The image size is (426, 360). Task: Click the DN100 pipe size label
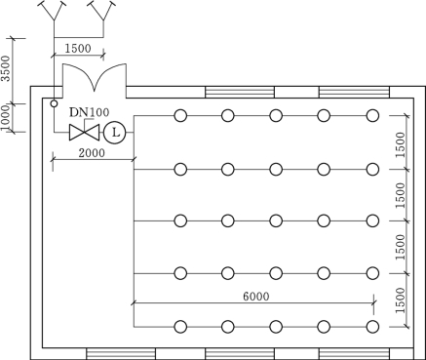[x=90, y=112]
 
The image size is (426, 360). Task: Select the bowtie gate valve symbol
[x=84, y=133]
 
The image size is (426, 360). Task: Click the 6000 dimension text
[x=256, y=297]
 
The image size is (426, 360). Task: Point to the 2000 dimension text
[x=92, y=153]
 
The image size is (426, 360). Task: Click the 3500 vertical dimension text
[x=6, y=68]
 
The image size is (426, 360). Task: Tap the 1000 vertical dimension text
[x=5, y=118]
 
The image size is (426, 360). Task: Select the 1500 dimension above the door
[x=78, y=49]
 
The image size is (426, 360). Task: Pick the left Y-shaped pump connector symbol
[x=54, y=13]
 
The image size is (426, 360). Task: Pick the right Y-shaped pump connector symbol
[x=103, y=13]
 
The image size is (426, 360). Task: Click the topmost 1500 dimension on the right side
[x=401, y=144]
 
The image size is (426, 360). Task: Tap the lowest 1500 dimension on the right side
[x=401, y=300]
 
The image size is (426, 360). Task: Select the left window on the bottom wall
[x=121, y=354]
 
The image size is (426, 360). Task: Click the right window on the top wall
[x=354, y=92]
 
